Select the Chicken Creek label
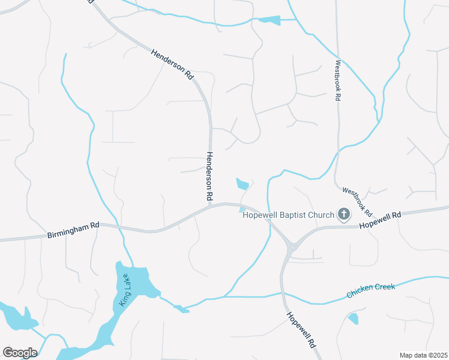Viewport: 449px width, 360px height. (x=370, y=291)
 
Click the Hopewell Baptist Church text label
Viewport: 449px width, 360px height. (x=288, y=215)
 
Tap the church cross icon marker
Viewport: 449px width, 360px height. (x=344, y=214)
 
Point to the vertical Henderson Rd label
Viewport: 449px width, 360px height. (x=210, y=176)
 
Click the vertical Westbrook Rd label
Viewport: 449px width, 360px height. (x=338, y=80)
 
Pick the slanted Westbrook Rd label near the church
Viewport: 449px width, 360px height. (x=357, y=202)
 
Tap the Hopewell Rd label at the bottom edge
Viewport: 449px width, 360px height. (x=300, y=331)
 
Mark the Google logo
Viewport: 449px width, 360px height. (x=20, y=353)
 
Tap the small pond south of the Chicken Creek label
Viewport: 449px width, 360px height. (x=353, y=319)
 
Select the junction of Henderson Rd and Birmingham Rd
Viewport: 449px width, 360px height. (x=210, y=208)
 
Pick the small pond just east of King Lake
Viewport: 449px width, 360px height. (x=179, y=308)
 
